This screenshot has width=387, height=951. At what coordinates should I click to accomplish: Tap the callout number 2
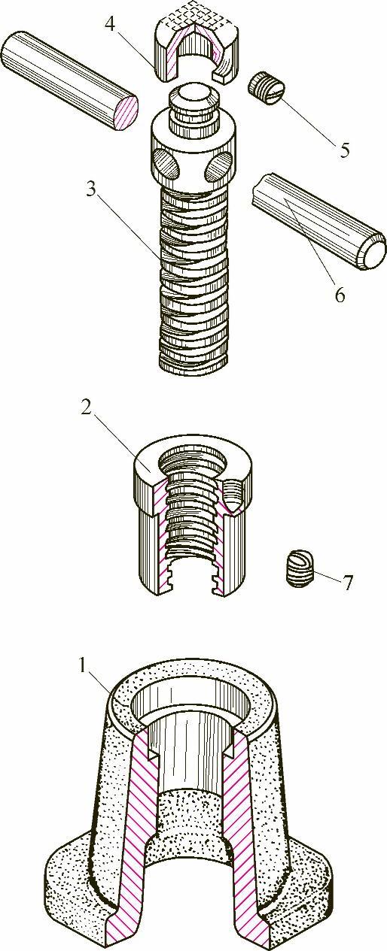tap(87, 409)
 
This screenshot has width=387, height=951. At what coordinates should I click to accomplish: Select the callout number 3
tap(91, 189)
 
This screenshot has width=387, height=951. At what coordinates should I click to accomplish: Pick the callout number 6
tap(340, 295)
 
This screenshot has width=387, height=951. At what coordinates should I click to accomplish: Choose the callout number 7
tap(347, 583)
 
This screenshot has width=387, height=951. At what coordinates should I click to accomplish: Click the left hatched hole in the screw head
tap(165, 162)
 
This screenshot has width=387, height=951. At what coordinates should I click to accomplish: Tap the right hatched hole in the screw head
tap(218, 165)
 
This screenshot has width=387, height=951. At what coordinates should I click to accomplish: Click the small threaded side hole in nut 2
tap(234, 495)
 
